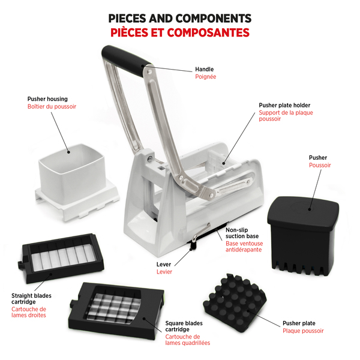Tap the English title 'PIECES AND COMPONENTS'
tap(180, 19)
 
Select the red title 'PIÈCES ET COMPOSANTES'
tap(180, 32)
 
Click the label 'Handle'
tap(205, 70)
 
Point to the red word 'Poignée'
tap(205, 77)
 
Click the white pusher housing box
tap(77, 182)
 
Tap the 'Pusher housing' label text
tap(47, 99)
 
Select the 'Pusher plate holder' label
tap(284, 105)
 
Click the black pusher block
tap(303, 236)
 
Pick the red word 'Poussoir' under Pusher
tap(320, 165)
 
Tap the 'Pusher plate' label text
tap(299, 323)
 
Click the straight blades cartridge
tap(61, 258)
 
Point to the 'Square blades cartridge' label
tap(184, 326)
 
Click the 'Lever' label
tap(164, 264)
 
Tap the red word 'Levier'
tap(164, 272)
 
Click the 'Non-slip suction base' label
tap(242, 233)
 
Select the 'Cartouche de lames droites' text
tap(29, 312)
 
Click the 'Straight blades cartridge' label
tap(31, 299)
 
